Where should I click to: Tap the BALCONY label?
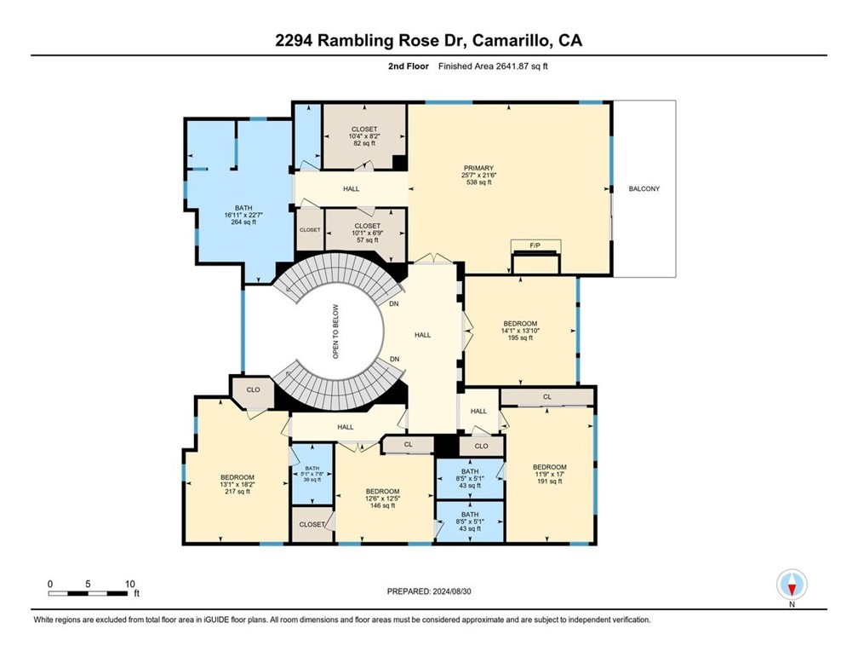pyautogui.click(x=643, y=188)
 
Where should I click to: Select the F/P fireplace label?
pyautogui.click(x=535, y=245)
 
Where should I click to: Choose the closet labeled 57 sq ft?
pyautogui.click(x=367, y=233)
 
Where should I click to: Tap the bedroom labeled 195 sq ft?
pyautogui.click(x=520, y=330)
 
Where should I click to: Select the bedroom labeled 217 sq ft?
pyautogui.click(x=237, y=484)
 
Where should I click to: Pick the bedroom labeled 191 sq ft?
pyautogui.click(x=549, y=474)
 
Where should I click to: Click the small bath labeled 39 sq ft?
pyautogui.click(x=312, y=474)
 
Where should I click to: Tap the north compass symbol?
pyautogui.click(x=792, y=585)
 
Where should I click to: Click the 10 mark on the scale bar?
pyautogui.click(x=129, y=584)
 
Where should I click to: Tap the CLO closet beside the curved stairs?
pyautogui.click(x=253, y=389)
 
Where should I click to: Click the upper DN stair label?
pyautogui.click(x=393, y=303)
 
